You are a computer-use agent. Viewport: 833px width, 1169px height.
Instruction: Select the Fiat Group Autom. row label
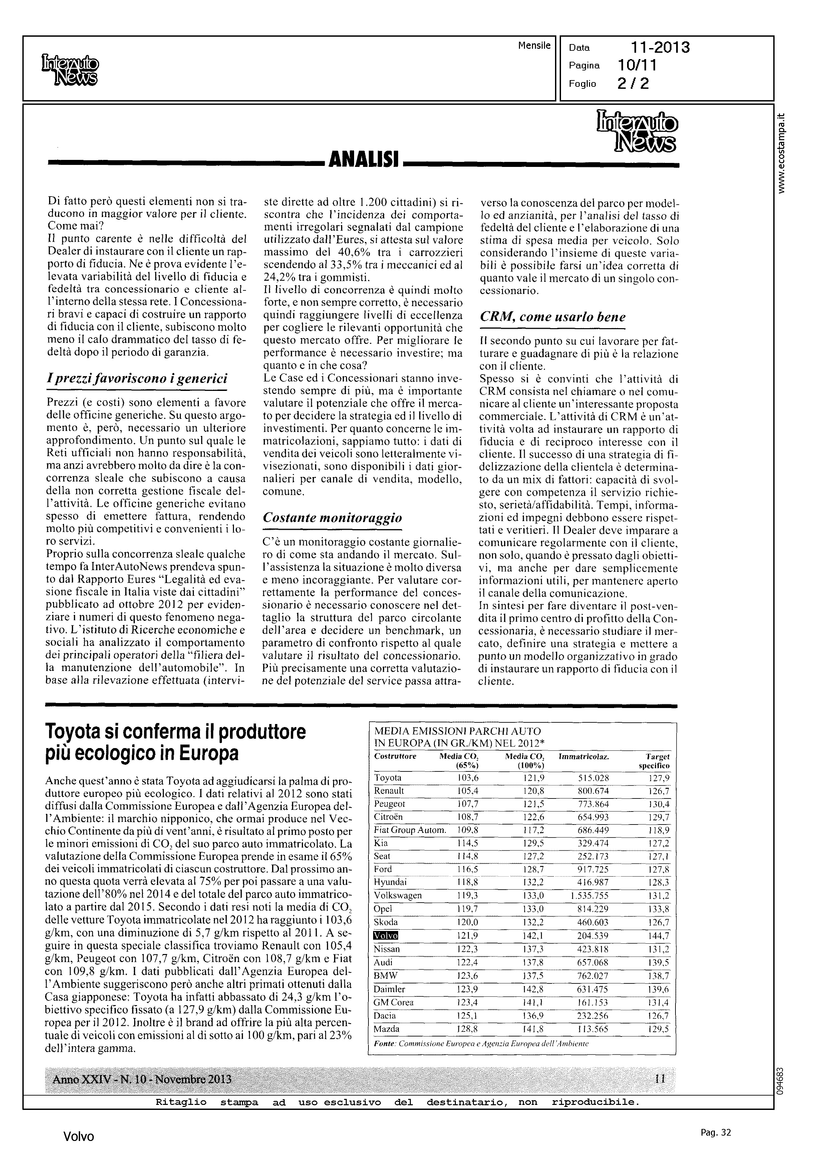click(x=410, y=830)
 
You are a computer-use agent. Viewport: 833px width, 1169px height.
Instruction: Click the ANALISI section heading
click(x=364, y=160)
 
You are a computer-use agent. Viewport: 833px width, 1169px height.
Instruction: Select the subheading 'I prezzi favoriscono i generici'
click(x=136, y=379)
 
